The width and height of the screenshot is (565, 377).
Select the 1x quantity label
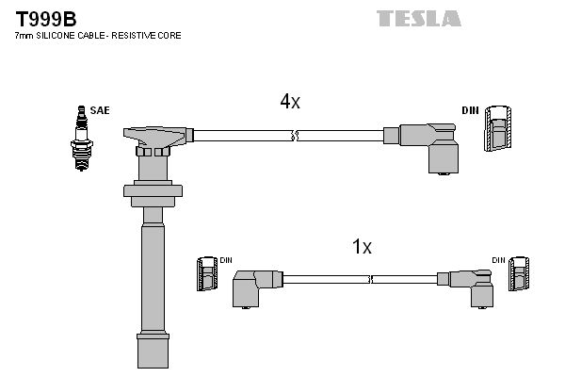(363, 248)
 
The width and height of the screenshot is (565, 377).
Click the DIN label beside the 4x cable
(471, 110)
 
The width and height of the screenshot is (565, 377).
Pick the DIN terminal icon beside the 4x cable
(500, 129)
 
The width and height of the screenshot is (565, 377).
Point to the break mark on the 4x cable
(295, 136)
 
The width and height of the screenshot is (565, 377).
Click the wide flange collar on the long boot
(153, 195)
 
